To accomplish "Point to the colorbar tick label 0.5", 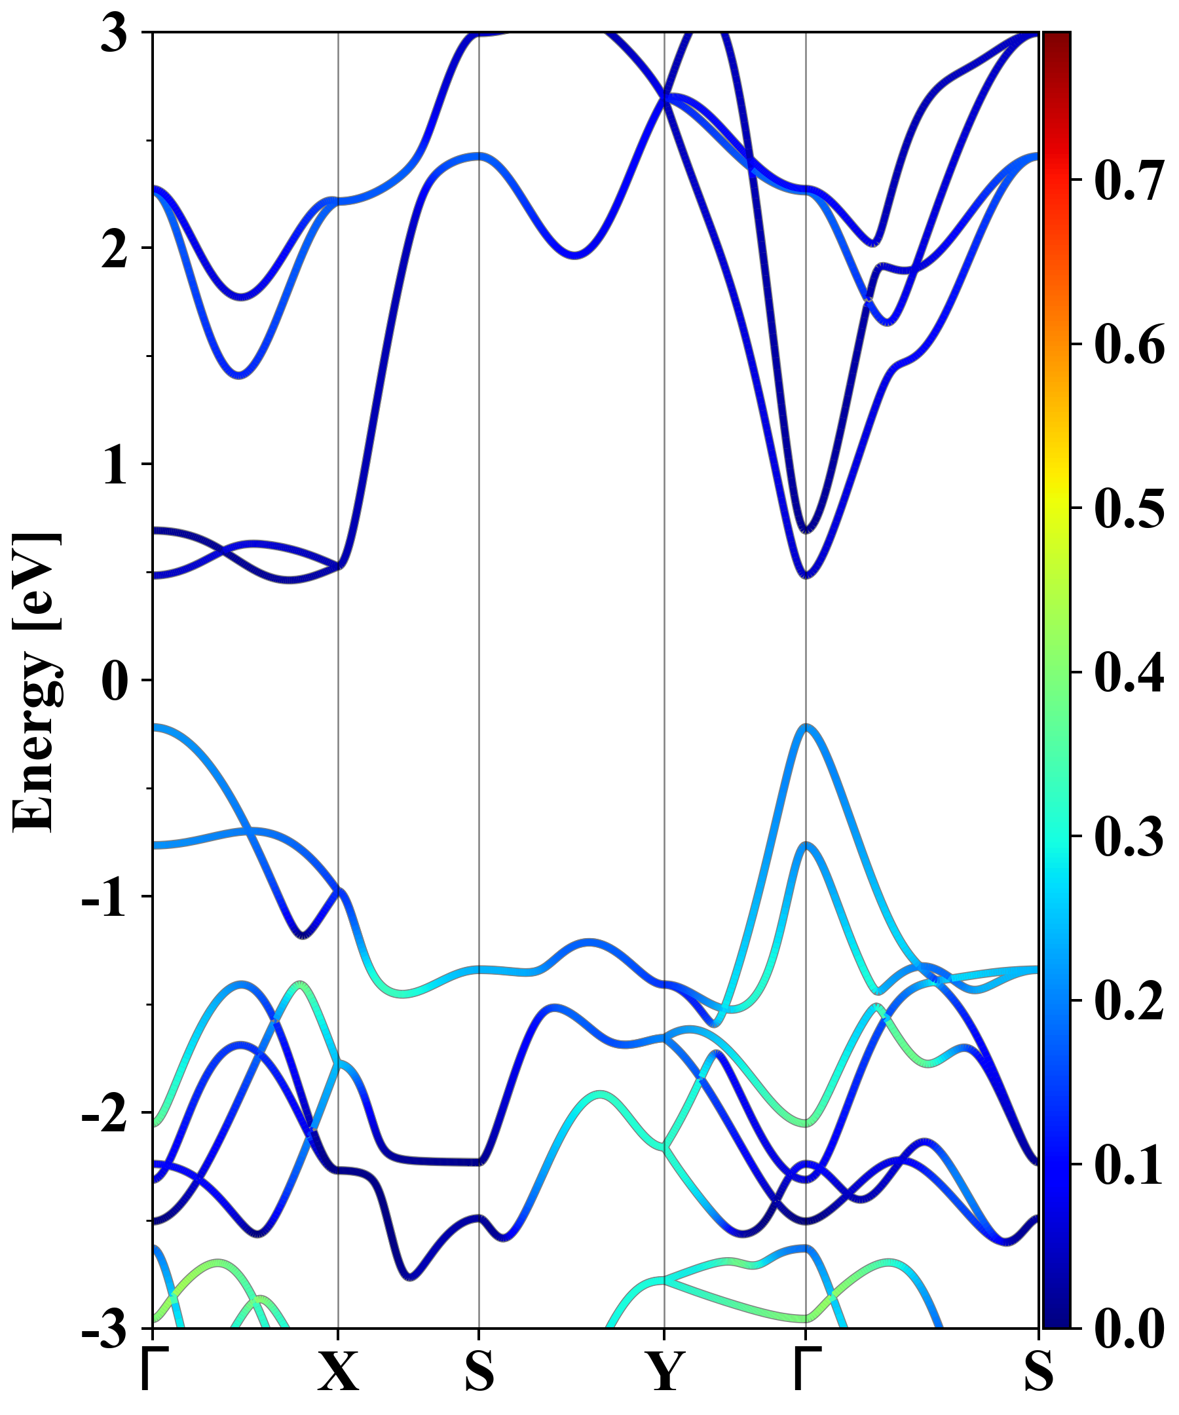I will (x=1129, y=509).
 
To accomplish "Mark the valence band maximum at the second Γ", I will (x=806, y=727).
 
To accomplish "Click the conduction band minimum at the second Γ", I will (x=806, y=575).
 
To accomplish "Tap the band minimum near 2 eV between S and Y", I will (x=574, y=255).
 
